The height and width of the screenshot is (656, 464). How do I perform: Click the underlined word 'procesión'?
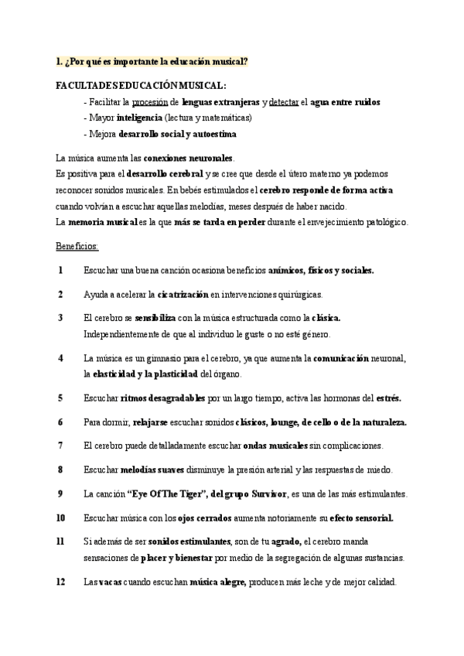coord(150,101)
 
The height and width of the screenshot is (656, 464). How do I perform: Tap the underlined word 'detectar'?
coord(284,101)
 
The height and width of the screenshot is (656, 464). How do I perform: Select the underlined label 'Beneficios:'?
coord(77,246)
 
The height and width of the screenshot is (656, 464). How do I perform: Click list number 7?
coord(60,446)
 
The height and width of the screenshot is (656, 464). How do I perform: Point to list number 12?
coord(60,583)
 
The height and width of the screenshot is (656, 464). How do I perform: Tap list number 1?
coord(60,270)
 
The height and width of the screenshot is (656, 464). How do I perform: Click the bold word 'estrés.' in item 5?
coord(388,398)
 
